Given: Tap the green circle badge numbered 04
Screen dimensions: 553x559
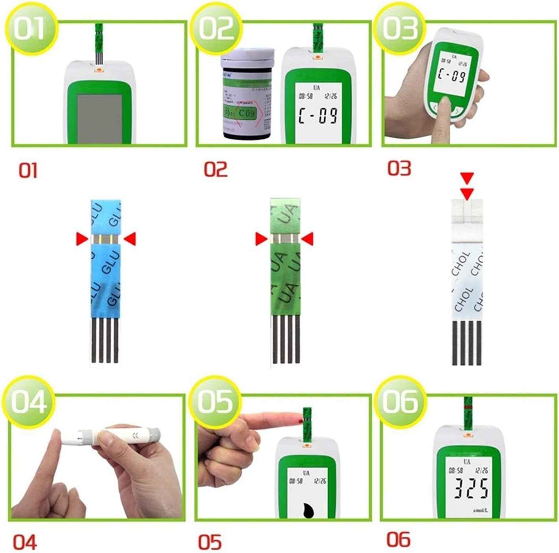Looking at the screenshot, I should click(29, 401).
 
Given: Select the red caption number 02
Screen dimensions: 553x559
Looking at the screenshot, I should click(215, 169).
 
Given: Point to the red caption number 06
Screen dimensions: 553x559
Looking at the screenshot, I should click(398, 540).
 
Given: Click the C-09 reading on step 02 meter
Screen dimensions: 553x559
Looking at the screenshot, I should click(318, 115).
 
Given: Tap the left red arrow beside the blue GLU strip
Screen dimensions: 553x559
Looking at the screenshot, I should click(82, 238).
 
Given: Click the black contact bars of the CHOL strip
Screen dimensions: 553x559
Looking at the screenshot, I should click(466, 343).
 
